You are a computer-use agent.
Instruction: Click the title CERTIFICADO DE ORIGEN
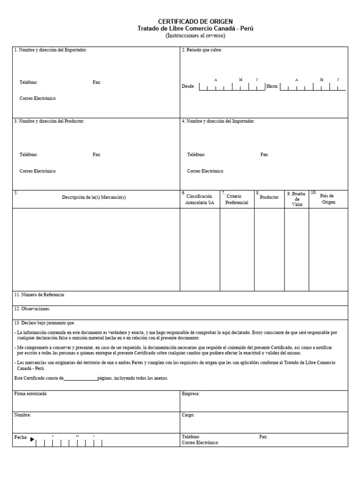[195, 22]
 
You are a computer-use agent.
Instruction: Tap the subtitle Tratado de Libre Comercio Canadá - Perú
[195, 29]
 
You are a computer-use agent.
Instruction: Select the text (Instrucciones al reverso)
[195, 36]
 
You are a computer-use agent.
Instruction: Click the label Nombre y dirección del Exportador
[51, 50]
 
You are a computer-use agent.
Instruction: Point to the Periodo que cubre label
[202, 50]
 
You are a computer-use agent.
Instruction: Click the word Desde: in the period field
[188, 86]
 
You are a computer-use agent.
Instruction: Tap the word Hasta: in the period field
[272, 86]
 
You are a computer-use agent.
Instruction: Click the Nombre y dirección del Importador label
[218, 121]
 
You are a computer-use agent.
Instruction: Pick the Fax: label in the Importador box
[264, 155]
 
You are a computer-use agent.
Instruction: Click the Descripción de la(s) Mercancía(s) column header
[94, 197]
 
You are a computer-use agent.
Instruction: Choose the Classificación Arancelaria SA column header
[199, 199]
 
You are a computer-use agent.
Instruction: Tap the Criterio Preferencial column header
[237, 199]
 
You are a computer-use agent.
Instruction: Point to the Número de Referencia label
[40, 295]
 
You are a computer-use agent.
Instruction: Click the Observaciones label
[32, 309]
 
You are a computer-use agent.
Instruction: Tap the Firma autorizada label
[31, 394]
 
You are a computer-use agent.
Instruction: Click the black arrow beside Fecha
[32, 439]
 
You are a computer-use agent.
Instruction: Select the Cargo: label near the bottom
[188, 415]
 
